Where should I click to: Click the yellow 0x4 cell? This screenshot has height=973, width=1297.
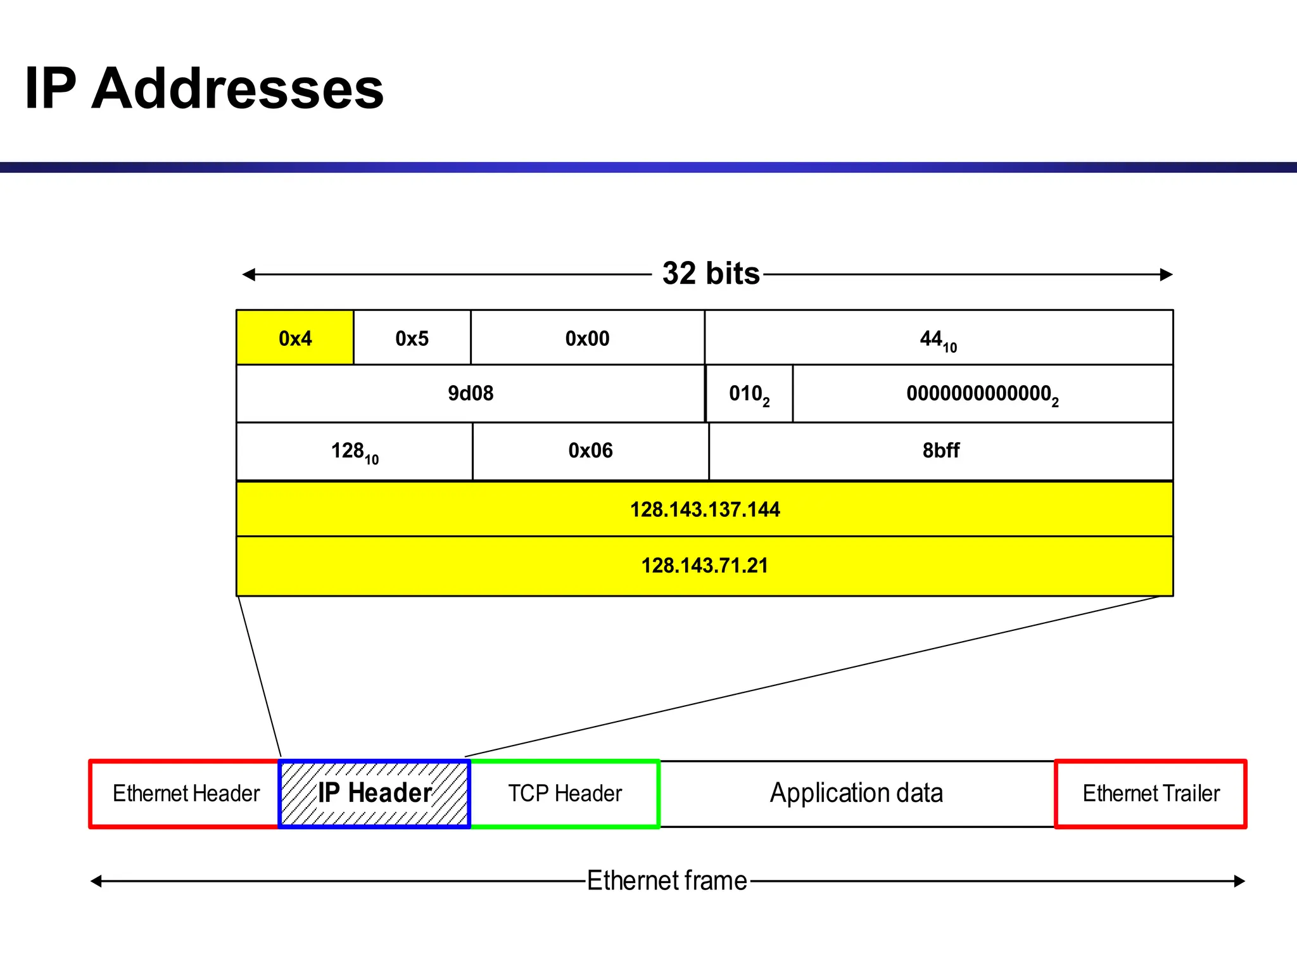pyautogui.click(x=295, y=338)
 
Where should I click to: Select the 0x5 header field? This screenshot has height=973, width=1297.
pyautogui.click(x=412, y=338)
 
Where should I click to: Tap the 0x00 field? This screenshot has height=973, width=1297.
pyautogui.click(x=587, y=338)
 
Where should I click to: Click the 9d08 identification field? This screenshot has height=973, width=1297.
pyautogui.click(x=470, y=393)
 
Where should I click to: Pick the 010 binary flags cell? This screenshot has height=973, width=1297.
pyautogui.click(x=749, y=394)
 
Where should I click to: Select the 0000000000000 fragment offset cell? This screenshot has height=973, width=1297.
pyautogui.click(x=982, y=394)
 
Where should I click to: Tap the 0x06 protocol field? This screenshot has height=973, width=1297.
pyautogui.click(x=590, y=450)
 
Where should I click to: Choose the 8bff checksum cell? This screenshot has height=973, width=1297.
pyautogui.click(x=940, y=450)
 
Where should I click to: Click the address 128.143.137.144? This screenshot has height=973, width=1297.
pyautogui.click(x=704, y=509)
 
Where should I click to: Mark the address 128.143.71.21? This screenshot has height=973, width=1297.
pyautogui.click(x=704, y=565)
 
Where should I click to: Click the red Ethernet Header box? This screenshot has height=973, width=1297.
pyautogui.click(x=186, y=794)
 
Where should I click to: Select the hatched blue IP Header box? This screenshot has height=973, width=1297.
pyautogui.click(x=374, y=794)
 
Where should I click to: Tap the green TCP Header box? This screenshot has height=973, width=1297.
pyautogui.click(x=565, y=794)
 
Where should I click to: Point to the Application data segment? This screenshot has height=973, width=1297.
pyautogui.click(x=856, y=794)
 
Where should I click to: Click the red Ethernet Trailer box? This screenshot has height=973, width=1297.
pyautogui.click(x=1151, y=794)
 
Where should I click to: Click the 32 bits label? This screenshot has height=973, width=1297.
pyautogui.click(x=711, y=274)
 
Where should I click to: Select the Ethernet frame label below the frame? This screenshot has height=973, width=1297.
pyautogui.click(x=667, y=881)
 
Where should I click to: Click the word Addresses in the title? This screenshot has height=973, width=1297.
pyautogui.click(x=237, y=89)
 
